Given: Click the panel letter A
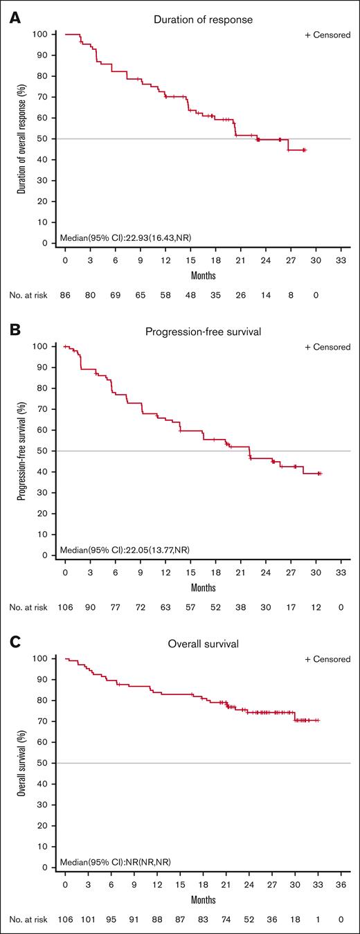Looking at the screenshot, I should (x=15, y=19).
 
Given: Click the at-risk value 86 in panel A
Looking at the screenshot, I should (x=65, y=294).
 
